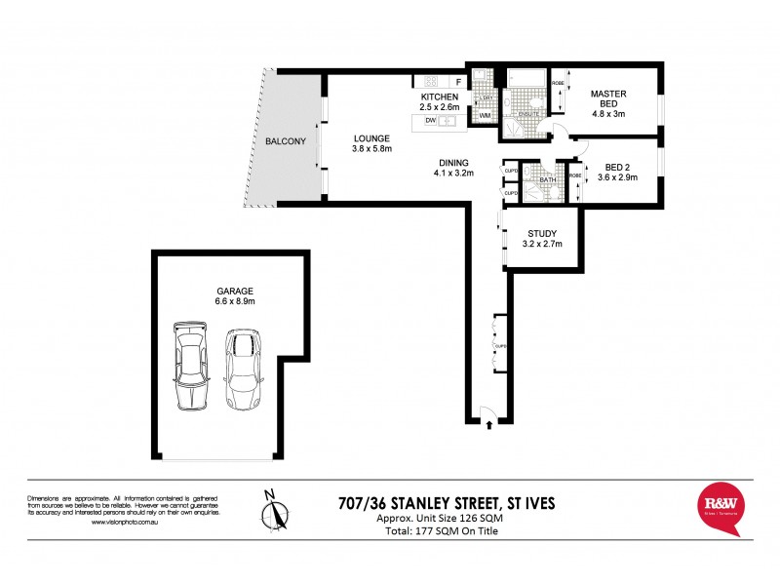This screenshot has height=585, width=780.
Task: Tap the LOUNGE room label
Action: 371,137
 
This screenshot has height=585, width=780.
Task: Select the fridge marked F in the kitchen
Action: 457,81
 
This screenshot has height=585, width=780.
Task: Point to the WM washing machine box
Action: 484,116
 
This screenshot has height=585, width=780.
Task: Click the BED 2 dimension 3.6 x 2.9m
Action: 618,178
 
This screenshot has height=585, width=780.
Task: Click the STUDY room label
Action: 541,233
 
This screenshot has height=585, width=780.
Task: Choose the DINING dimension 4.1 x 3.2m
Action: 453,174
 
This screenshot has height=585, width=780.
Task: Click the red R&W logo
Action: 721,507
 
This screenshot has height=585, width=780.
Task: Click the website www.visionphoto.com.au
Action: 127,523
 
